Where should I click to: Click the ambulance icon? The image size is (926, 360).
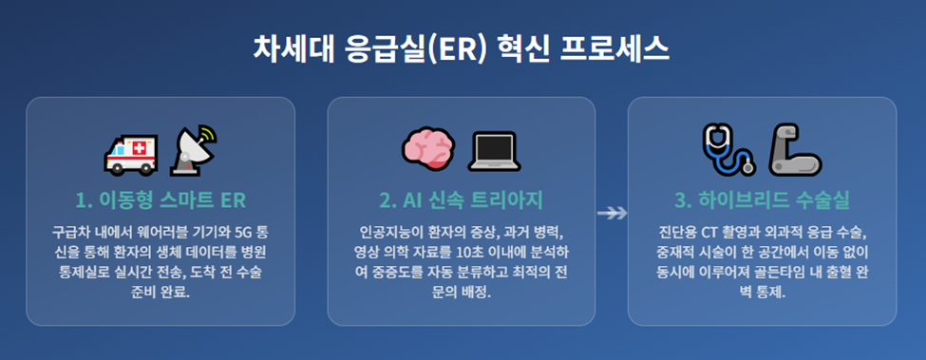(131, 151)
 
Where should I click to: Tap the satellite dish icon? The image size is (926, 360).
(194, 151)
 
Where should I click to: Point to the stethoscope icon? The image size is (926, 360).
(729, 149)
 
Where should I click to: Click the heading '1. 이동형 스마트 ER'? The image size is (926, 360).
(161, 199)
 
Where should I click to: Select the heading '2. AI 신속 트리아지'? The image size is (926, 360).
(462, 199)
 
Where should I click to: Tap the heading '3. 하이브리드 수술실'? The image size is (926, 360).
(763, 199)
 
